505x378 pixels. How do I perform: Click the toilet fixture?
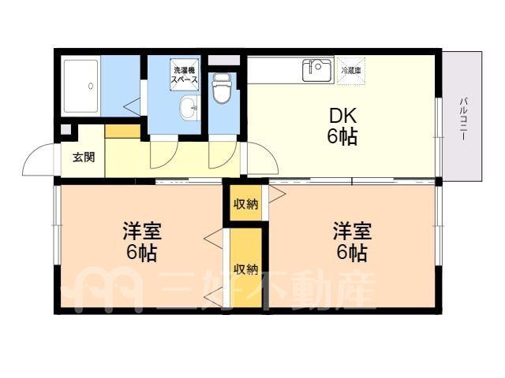[222, 88]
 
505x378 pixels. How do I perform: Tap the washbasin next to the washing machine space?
[189, 108]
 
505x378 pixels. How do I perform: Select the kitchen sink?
[318, 70]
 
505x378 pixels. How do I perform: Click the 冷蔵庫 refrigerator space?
[351, 71]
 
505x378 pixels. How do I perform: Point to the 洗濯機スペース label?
[184, 75]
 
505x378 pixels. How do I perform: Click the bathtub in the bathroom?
[80, 86]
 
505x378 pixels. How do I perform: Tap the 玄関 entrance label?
[84, 157]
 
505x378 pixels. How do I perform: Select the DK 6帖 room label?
[342, 126]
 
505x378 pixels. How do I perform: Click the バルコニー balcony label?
[464, 119]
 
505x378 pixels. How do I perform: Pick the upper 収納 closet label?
[246, 204]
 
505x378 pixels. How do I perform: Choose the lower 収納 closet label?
[246, 269]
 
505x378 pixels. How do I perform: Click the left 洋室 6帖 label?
[142, 241]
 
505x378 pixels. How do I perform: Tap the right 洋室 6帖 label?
[352, 241]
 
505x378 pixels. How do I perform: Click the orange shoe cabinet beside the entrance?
[123, 132]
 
